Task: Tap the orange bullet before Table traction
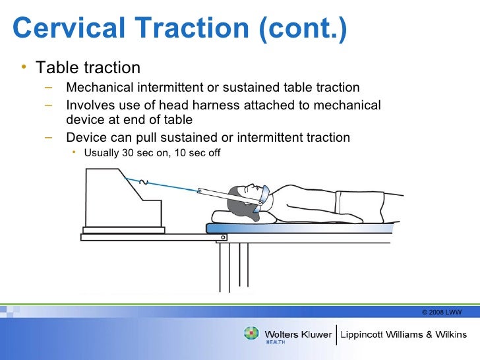[x=23, y=67]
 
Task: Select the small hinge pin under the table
[x=224, y=237]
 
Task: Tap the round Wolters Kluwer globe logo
[x=252, y=334]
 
